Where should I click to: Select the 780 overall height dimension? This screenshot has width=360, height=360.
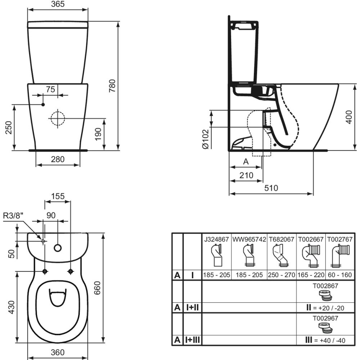click(x=112, y=86)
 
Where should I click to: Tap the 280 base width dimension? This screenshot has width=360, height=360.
click(x=58, y=159)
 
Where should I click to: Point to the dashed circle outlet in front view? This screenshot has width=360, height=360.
click(x=57, y=118)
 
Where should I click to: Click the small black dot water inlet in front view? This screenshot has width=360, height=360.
click(x=43, y=104)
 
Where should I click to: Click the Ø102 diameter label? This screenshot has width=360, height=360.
click(x=205, y=139)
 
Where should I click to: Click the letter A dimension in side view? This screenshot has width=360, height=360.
click(x=246, y=162)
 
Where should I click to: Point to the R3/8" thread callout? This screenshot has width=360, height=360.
click(x=13, y=216)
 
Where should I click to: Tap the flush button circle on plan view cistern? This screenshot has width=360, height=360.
click(x=58, y=248)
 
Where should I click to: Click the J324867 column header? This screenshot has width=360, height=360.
click(x=216, y=239)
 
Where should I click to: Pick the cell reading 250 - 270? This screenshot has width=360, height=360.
click(x=282, y=275)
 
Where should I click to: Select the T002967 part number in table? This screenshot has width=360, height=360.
click(x=325, y=318)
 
